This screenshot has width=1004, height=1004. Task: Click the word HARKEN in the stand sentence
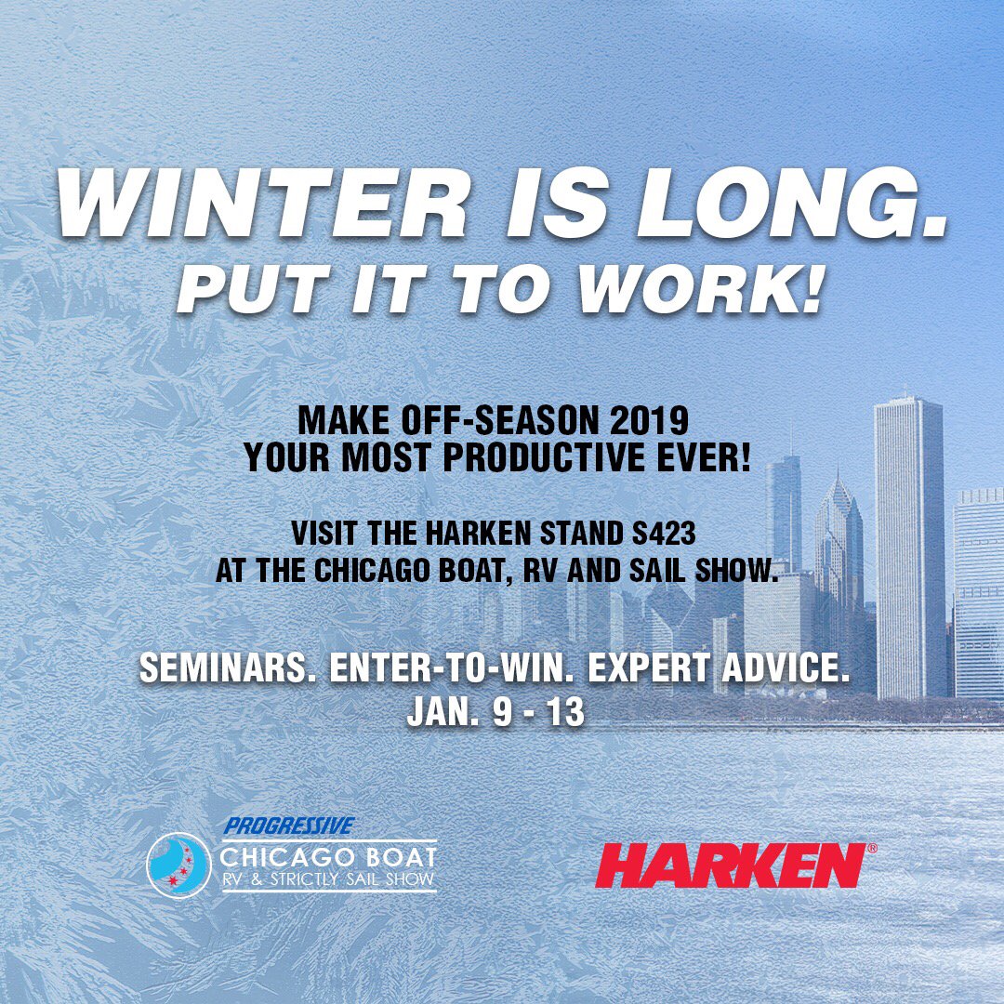pyautogui.click(x=484, y=535)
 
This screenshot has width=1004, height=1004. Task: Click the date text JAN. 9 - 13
pyautogui.click(x=495, y=711)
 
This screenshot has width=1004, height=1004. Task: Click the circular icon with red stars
pyautogui.click(x=178, y=865)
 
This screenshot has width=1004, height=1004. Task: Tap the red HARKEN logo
pyautogui.click(x=729, y=865)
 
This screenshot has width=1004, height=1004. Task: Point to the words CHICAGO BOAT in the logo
pyautogui.click(x=328, y=855)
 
